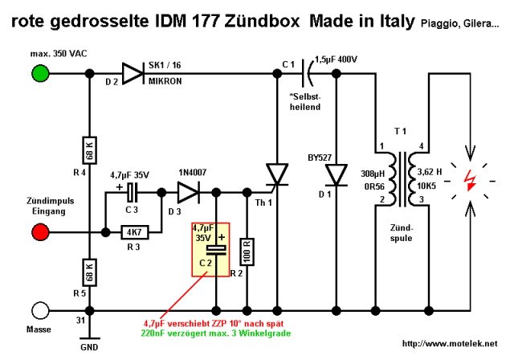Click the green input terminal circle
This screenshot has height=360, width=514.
(x=38, y=73)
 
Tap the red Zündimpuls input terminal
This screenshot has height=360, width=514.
(x=38, y=233)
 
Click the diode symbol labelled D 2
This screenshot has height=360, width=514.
(x=131, y=73)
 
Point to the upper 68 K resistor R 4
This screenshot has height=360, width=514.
(x=88, y=149)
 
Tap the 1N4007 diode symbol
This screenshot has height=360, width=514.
(x=190, y=193)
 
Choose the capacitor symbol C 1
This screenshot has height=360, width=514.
(x=306, y=73)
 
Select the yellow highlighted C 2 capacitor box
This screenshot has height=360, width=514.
(x=210, y=249)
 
